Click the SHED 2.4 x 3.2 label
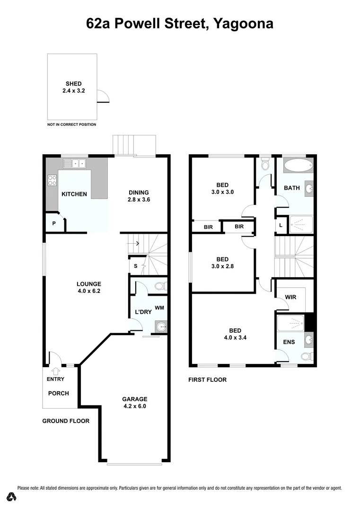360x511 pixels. pyautogui.click(x=73, y=87)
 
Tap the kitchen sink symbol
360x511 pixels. pyautogui.click(x=75, y=164)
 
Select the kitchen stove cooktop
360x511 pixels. pyautogui.click(x=52, y=180)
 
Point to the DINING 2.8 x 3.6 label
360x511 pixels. pyautogui.click(x=139, y=196)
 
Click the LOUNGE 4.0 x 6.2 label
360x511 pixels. pyautogui.click(x=89, y=288)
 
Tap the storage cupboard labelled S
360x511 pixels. pyautogui.click(x=136, y=266)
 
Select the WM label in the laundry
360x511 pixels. pyautogui.click(x=159, y=308)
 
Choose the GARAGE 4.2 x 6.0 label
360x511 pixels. pyautogui.click(x=136, y=402)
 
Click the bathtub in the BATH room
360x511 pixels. pyautogui.click(x=298, y=166)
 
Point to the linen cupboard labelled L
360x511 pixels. pyautogui.click(x=281, y=226)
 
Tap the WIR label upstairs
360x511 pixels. pyautogui.click(x=290, y=298)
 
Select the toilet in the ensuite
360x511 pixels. pyautogui.click(x=307, y=356)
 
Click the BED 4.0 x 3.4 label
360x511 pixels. pyautogui.click(x=235, y=334)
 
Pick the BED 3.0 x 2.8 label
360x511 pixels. pyautogui.click(x=222, y=263)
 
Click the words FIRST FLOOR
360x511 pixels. pyautogui.click(x=207, y=379)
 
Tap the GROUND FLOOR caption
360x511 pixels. pyautogui.click(x=66, y=421)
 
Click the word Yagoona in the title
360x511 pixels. pyautogui.click(x=243, y=23)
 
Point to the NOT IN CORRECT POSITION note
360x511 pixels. pyautogui.click(x=71, y=124)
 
